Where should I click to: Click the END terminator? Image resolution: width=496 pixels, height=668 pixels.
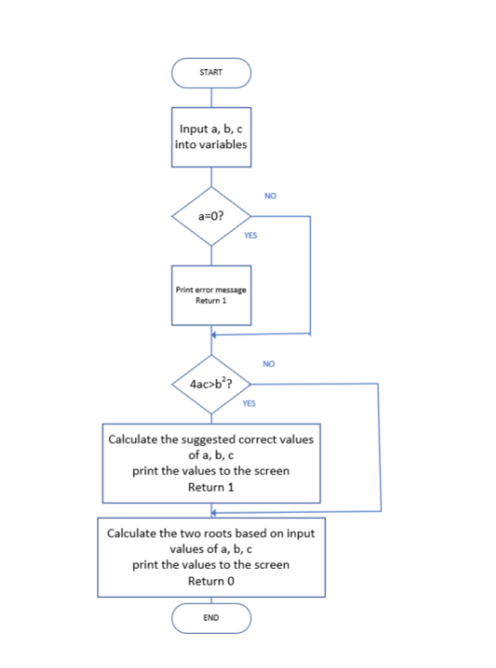(211, 618)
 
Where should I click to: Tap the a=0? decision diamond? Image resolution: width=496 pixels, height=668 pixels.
(211, 216)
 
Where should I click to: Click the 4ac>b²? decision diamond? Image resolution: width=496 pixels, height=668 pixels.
(211, 384)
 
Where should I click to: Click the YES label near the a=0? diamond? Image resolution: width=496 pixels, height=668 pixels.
(251, 236)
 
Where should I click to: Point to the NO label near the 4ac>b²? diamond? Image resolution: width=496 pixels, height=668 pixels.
(268, 363)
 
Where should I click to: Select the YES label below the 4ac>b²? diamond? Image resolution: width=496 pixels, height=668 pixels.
(249, 404)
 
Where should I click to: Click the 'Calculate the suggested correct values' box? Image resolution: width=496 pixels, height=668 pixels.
(210, 463)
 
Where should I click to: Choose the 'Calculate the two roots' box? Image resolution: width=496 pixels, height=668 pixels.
(210, 557)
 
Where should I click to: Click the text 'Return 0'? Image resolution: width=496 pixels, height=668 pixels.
(210, 581)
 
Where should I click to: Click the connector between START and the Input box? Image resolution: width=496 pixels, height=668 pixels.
(211, 96)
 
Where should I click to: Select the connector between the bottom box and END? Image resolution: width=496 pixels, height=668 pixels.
(211, 600)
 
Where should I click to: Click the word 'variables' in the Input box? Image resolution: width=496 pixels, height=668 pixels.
(223, 145)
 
